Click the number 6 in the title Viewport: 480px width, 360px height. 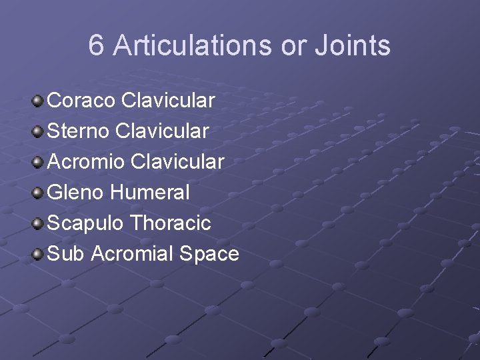(97, 46)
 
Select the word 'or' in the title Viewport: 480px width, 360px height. (289, 46)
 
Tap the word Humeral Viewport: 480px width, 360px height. (151, 193)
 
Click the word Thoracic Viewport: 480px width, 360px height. (171, 223)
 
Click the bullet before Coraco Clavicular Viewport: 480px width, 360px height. (38, 101)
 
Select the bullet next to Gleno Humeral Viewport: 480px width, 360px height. (38, 193)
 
